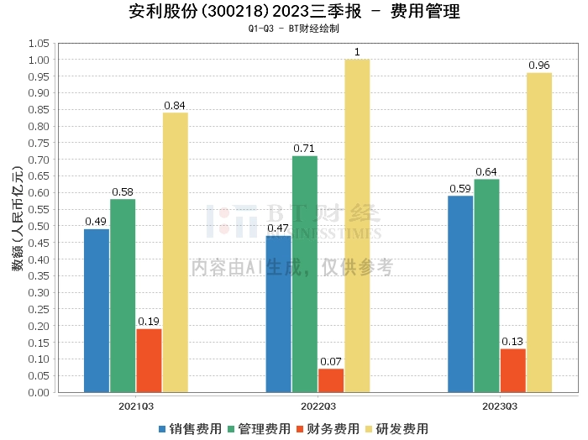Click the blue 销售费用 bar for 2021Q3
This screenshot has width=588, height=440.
click(x=97, y=310)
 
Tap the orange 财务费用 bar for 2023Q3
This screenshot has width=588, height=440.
click(x=513, y=370)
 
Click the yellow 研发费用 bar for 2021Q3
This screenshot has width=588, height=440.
click(x=176, y=252)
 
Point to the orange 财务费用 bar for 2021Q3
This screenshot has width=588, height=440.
click(x=149, y=360)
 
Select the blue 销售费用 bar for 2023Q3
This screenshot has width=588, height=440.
click(x=460, y=293)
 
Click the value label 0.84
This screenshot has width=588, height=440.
click(x=175, y=106)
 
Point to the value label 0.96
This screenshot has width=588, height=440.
click(x=538, y=65)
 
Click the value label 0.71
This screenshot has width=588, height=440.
click(x=304, y=149)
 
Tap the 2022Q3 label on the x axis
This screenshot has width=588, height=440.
click(x=317, y=406)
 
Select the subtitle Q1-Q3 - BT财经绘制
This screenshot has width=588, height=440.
click(x=294, y=29)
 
